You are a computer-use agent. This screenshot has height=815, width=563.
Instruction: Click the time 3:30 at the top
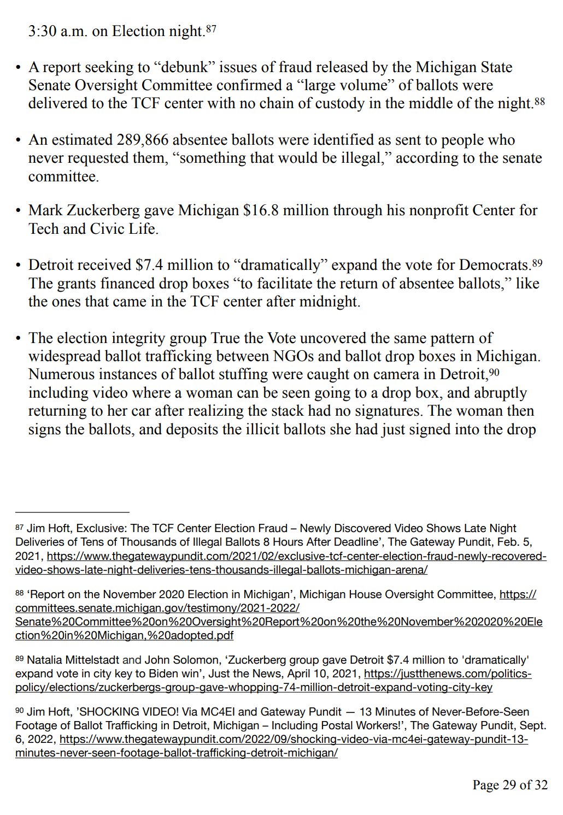tap(43, 31)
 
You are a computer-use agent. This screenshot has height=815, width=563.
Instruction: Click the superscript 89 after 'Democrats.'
tap(537, 263)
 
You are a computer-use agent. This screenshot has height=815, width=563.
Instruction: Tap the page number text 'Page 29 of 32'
tap(509, 785)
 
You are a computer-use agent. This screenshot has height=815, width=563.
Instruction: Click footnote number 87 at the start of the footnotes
tap(20, 528)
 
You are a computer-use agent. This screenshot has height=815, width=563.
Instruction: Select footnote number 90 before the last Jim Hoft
tap(20, 712)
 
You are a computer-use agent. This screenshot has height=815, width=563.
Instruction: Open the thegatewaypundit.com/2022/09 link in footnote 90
tap(293, 740)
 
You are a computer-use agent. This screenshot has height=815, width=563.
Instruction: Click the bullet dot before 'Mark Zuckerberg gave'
tap(17, 211)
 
